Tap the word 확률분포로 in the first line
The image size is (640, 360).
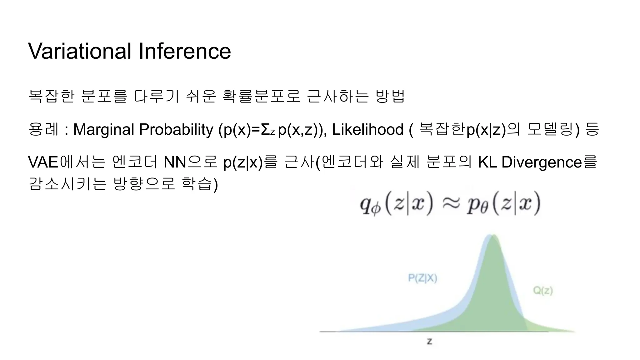point(261,96)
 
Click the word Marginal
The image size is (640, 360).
point(103,129)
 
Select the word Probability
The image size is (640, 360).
point(176,129)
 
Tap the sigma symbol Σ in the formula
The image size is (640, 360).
point(265,129)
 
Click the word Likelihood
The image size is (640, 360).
point(367,129)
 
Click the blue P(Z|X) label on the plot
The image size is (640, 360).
point(422,278)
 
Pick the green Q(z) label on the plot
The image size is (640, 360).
point(543,291)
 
